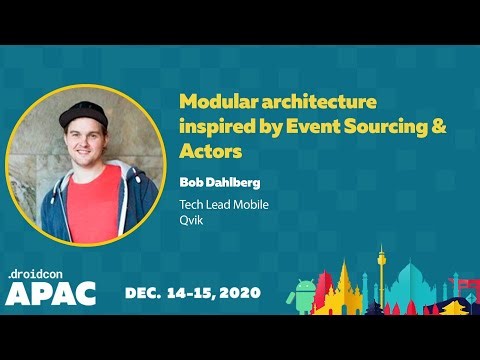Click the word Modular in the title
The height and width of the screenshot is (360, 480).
[x=213, y=102]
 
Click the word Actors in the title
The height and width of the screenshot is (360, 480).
[x=211, y=152]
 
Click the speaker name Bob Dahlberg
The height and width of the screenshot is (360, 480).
[x=219, y=183]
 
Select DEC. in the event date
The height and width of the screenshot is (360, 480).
[x=145, y=293]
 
